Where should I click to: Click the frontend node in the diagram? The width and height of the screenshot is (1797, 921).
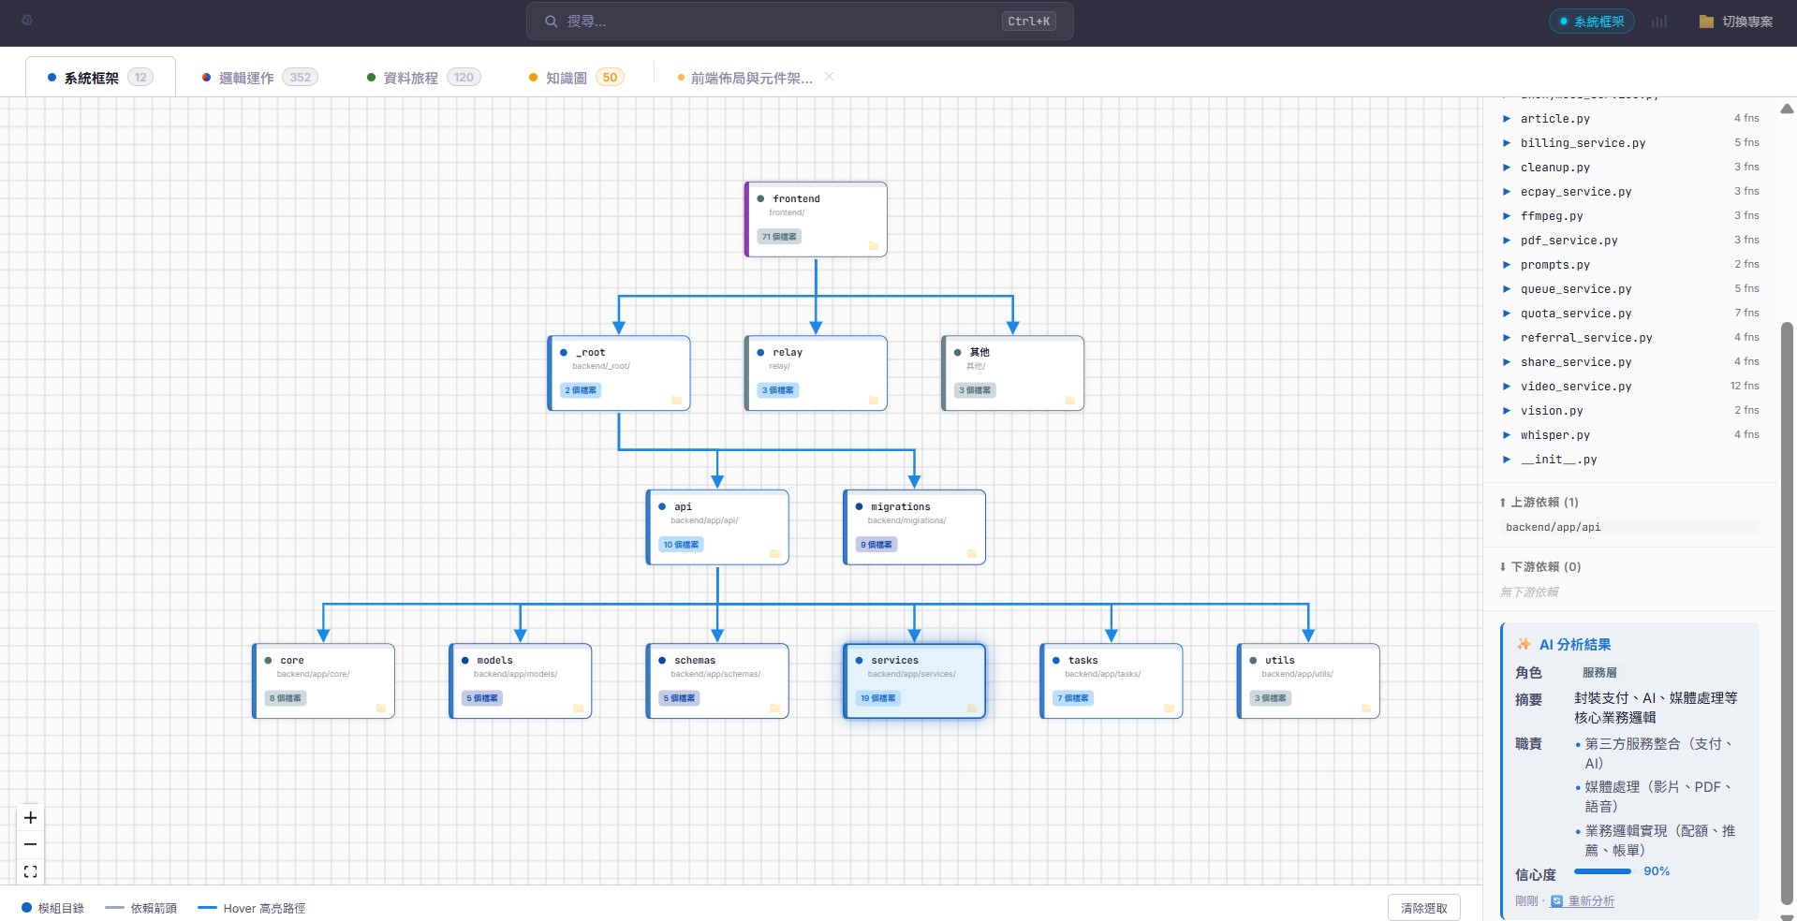point(816,219)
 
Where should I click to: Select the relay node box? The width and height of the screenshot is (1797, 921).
point(816,373)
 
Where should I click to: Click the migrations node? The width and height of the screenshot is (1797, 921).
point(914,527)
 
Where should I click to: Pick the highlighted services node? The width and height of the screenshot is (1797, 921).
point(914,680)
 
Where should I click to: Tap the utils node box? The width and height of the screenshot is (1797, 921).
point(1308,680)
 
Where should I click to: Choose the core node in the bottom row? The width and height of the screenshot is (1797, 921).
point(323,680)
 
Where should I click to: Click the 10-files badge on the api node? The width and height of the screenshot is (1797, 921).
point(681,545)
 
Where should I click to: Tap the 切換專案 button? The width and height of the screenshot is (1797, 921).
point(1736,22)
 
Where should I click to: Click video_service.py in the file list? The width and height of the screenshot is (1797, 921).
point(1575,387)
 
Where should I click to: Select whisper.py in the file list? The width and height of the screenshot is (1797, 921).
point(1554,435)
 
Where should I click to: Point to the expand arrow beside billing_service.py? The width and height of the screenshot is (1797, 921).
point(1507,143)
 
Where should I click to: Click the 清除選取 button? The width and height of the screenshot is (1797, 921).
point(1423,908)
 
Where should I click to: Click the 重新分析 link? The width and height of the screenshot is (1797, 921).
point(1591,901)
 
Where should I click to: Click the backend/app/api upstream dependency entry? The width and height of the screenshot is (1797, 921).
point(1554,527)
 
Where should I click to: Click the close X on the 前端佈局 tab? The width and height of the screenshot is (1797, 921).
point(829,77)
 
